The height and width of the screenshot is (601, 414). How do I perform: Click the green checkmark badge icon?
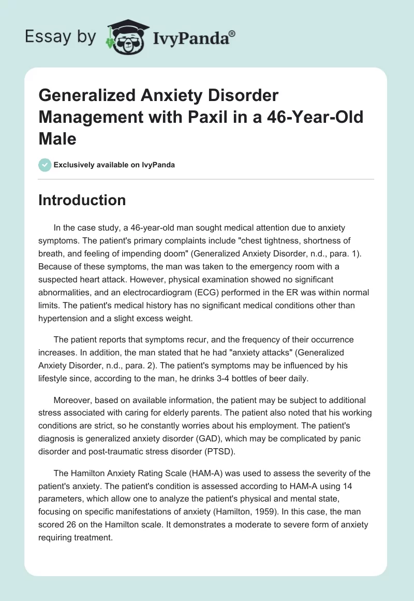(x=45, y=165)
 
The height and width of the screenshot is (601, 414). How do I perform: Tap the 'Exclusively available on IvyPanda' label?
(x=114, y=165)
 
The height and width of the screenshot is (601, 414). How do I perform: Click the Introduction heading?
(x=82, y=201)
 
